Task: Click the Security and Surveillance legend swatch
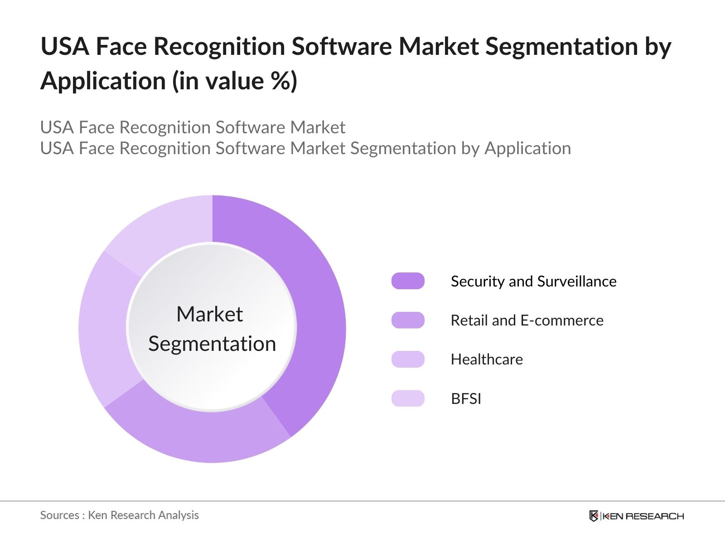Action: click(x=408, y=281)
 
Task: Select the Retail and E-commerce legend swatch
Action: click(x=408, y=320)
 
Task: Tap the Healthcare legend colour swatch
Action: click(x=408, y=359)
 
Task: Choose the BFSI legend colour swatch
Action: click(x=408, y=398)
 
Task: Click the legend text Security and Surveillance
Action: click(x=533, y=282)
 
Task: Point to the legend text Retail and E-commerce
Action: click(x=527, y=321)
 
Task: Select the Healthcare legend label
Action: click(x=487, y=359)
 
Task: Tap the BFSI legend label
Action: click(x=466, y=399)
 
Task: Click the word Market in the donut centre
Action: click(x=209, y=314)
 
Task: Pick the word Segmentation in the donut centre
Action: click(x=212, y=344)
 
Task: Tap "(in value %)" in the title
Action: click(x=234, y=82)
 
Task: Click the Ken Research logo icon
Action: click(x=594, y=516)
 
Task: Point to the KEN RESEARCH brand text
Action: click(x=643, y=516)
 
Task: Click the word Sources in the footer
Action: click(x=59, y=515)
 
